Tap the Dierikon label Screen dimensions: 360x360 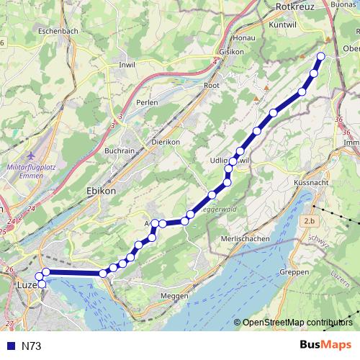tap(165, 143)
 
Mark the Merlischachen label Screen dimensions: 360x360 tap(245, 238)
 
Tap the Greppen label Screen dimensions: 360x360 tap(295, 272)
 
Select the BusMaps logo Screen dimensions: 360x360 tap(326, 345)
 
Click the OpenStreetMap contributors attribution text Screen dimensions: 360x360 tap(297, 322)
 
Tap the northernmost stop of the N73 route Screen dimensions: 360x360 tap(320, 56)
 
